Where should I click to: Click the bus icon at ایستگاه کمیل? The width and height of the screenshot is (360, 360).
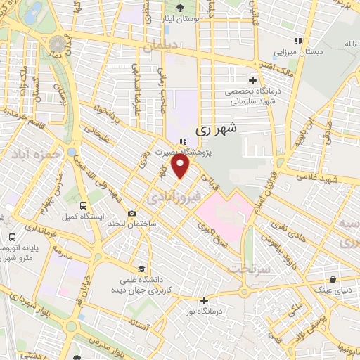coord(84,205)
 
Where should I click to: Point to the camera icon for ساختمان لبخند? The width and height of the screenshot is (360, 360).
coord(131,212)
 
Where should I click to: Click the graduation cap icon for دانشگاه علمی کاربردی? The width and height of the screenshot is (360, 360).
coord(141,269)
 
